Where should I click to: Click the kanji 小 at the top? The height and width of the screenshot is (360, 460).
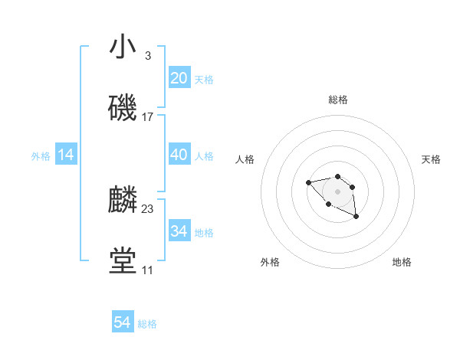coord(123,47)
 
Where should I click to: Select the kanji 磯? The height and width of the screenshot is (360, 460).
coord(123,108)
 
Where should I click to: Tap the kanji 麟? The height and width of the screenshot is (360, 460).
coord(123,200)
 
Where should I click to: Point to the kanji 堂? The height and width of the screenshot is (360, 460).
coord(123,261)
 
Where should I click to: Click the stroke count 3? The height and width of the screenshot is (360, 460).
coord(147,56)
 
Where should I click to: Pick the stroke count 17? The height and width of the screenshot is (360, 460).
coord(148,117)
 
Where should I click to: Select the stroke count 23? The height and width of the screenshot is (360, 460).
coord(148,209)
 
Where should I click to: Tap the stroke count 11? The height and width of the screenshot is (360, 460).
coord(147,270)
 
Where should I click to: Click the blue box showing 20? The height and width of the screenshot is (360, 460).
coord(179,78)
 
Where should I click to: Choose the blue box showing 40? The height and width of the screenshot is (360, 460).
coord(179,155)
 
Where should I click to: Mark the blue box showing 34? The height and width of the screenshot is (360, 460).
coord(179,231)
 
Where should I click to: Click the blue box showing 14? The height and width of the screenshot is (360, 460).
coord(66,155)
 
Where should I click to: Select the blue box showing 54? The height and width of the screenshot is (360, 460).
coord(123,322)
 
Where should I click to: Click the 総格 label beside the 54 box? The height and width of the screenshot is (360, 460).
coord(147,324)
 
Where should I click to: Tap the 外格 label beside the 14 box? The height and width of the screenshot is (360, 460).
coord(41,156)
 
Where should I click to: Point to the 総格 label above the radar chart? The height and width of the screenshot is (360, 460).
coord(337,100)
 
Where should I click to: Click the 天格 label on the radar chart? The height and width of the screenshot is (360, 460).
coord(432,159)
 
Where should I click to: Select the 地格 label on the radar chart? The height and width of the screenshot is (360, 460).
coord(402,263)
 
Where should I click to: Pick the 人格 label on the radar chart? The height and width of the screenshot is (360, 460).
coord(245,159)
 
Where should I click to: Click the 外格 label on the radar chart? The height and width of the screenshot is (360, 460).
coord(270,263)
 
